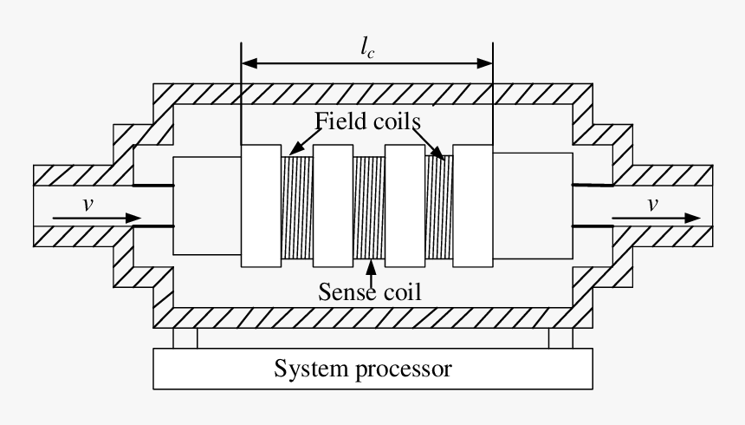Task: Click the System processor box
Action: point(372,369)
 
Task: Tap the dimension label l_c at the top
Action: point(367,49)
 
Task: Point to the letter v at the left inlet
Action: point(87,205)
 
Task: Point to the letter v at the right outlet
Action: point(651,205)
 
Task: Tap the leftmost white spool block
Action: point(262,206)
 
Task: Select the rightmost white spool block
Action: point(472,206)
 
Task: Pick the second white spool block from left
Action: point(333,206)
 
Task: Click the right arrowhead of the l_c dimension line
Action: point(486,62)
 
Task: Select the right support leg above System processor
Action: point(560,338)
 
